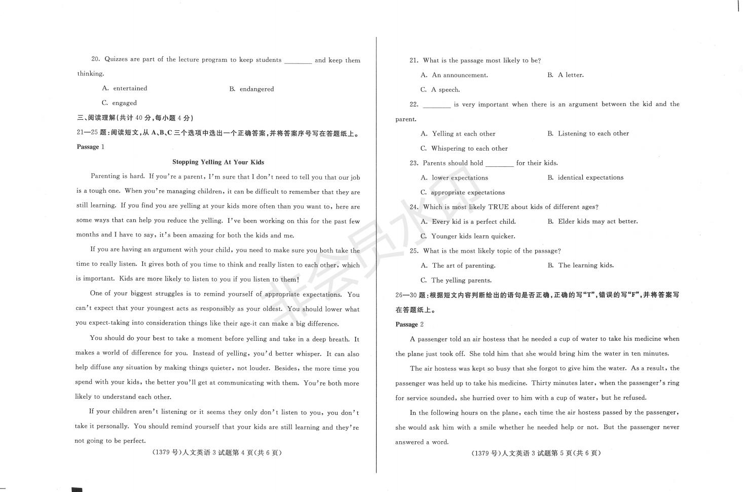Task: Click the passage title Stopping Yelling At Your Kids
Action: tap(218, 162)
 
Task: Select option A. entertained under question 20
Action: tap(125, 88)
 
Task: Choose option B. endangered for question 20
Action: tap(251, 89)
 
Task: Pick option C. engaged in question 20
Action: tap(120, 103)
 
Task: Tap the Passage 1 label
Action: tap(90, 147)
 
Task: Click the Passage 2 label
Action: tap(409, 325)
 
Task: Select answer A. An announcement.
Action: tap(454, 75)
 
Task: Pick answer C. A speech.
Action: tap(440, 90)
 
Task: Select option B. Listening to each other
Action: tap(588, 134)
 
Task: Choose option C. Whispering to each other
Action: tap(464, 149)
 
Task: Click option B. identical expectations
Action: tap(585, 178)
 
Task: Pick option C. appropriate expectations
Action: tap(463, 193)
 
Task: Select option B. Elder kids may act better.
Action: tap(592, 222)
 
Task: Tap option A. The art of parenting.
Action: tap(458, 266)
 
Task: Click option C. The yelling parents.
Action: tap(456, 280)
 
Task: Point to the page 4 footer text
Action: tap(216, 453)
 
